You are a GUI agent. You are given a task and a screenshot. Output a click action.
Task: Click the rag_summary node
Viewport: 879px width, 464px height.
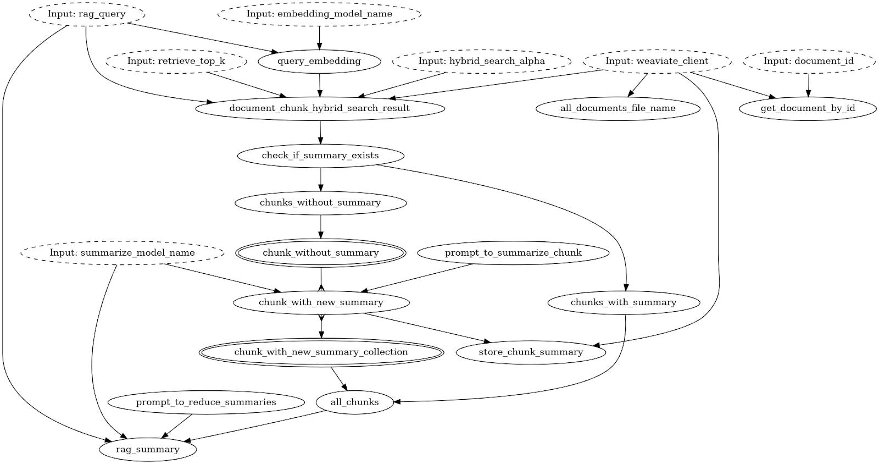tap(147, 449)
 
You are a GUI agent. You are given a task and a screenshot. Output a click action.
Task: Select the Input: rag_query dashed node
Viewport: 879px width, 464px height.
tap(87, 14)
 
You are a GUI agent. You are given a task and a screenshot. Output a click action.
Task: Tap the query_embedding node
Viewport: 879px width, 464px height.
tap(319, 61)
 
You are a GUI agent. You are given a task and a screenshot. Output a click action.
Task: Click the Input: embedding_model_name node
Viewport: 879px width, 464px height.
tap(319, 14)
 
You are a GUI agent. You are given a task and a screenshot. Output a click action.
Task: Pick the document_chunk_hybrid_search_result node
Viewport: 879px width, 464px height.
tap(319, 108)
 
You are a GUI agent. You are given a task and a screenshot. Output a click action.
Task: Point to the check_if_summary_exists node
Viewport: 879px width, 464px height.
tap(320, 156)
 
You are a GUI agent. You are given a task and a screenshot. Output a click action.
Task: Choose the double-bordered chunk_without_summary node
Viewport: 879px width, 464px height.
tap(321, 253)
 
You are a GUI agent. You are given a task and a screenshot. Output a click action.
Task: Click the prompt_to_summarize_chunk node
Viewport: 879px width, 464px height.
tap(513, 253)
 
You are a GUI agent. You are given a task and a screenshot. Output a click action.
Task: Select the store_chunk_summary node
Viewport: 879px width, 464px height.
tap(531, 352)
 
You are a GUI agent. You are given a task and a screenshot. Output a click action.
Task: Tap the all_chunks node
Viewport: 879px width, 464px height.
tap(355, 402)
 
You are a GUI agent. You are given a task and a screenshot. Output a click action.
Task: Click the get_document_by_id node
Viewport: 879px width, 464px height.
tap(808, 108)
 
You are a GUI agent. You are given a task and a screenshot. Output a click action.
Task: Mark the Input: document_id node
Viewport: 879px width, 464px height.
tap(809, 61)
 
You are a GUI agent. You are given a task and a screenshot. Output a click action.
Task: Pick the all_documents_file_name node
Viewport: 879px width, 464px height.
tap(618, 108)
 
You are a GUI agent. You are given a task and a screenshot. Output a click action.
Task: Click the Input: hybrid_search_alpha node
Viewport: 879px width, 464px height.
tap(482, 61)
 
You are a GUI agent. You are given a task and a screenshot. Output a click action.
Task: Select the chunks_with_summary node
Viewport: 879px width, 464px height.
tap(624, 302)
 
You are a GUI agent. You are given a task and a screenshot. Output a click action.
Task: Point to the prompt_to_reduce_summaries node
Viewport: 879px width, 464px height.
tap(206, 402)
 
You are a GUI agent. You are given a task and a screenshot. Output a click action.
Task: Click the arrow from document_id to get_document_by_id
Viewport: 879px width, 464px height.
tap(808, 85)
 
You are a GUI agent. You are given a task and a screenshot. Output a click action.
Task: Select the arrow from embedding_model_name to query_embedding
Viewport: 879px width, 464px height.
tap(319, 37)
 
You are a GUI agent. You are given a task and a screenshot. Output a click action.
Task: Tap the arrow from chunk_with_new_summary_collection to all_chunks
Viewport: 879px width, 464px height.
tap(339, 378)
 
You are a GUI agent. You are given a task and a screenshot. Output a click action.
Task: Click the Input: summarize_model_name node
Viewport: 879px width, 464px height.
tap(122, 253)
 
